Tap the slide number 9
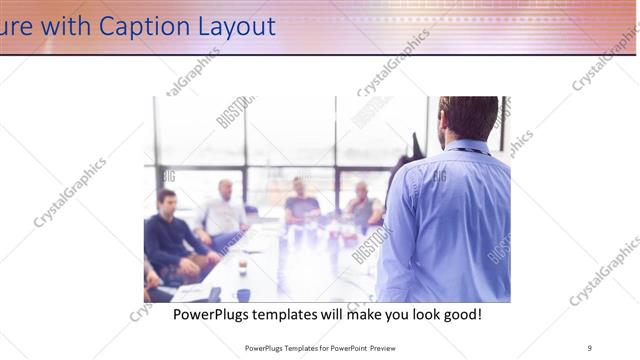point(589,347)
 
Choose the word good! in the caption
point(461,314)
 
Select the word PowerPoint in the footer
point(338,347)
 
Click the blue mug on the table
point(243,295)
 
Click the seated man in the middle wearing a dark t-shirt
point(301,204)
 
